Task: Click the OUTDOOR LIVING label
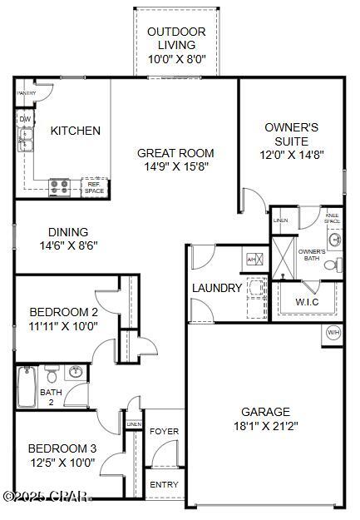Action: (x=175, y=38)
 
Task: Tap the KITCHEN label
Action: (x=76, y=131)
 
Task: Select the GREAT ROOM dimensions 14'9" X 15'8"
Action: (x=175, y=166)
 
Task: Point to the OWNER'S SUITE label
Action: (x=292, y=134)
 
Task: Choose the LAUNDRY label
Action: (x=217, y=288)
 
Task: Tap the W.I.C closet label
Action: (x=307, y=301)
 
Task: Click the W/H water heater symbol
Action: (x=333, y=333)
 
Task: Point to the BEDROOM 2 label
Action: (x=63, y=312)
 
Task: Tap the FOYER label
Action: (x=164, y=432)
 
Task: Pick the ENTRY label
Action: (x=164, y=484)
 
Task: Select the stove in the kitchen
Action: (x=59, y=186)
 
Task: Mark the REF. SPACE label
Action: (x=95, y=188)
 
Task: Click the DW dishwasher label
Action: (x=25, y=119)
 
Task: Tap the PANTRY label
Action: (x=26, y=93)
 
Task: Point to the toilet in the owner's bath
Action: (x=330, y=265)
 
